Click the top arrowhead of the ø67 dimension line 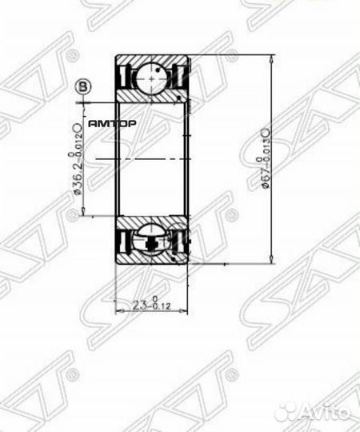(274, 56)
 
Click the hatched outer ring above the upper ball (153, 60)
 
